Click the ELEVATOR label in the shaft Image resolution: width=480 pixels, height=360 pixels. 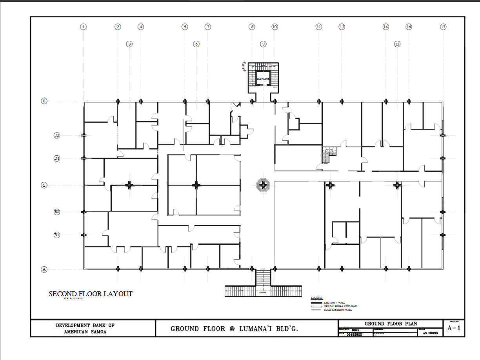pos(264,79)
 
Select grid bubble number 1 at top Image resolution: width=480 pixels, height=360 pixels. pos(83,27)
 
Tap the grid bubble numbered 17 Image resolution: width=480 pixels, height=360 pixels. pos(443,27)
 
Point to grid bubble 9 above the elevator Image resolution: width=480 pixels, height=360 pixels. pos(264,44)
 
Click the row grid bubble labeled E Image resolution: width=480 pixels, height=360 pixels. pos(44,101)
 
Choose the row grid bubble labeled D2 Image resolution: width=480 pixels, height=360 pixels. pos(57,135)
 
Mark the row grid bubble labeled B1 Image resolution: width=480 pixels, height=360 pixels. pos(57,235)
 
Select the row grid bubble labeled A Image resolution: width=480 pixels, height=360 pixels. pos(44,269)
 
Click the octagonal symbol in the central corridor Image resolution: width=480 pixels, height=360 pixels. pos(262,185)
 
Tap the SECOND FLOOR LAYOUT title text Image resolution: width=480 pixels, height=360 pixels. pos(91,294)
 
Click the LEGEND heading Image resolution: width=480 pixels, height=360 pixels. pos(317,298)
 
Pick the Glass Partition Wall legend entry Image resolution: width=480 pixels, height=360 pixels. pos(337,310)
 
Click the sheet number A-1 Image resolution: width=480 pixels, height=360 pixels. pos(454,329)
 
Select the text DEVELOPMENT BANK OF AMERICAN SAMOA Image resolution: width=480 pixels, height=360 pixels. pos(85,328)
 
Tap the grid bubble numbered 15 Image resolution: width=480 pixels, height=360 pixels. pos(397,44)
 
